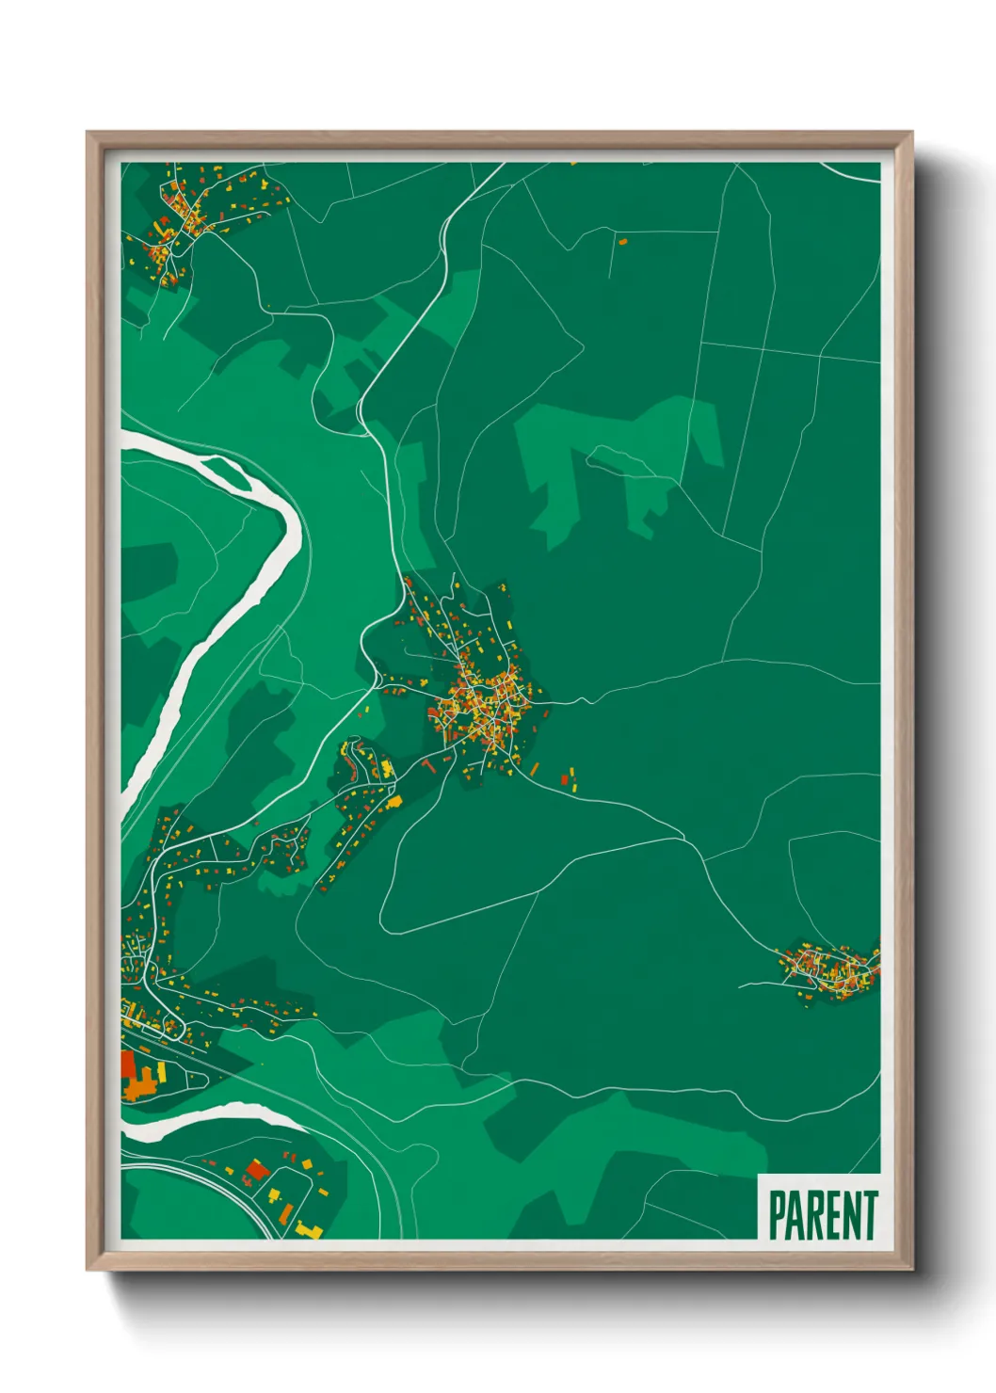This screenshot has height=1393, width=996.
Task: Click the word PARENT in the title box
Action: [x=823, y=1215]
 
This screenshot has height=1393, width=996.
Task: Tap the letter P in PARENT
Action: [x=778, y=1215]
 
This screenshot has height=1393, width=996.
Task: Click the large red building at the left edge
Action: [x=128, y=1065]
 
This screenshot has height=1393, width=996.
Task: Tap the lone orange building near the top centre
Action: [x=622, y=242]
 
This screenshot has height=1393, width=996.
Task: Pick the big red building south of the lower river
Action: [x=256, y=1172]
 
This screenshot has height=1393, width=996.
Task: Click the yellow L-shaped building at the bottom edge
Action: [x=305, y=1228]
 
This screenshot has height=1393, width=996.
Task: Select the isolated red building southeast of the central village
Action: [x=565, y=780]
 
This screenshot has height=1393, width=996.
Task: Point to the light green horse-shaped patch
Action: [x=621, y=461]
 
